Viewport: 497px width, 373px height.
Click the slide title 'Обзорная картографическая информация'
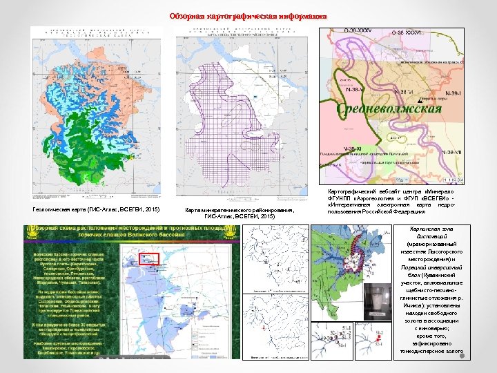pos(248,16)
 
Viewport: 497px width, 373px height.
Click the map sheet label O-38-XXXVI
pos(407,32)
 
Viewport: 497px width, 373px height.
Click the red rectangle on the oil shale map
pos(149,260)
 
